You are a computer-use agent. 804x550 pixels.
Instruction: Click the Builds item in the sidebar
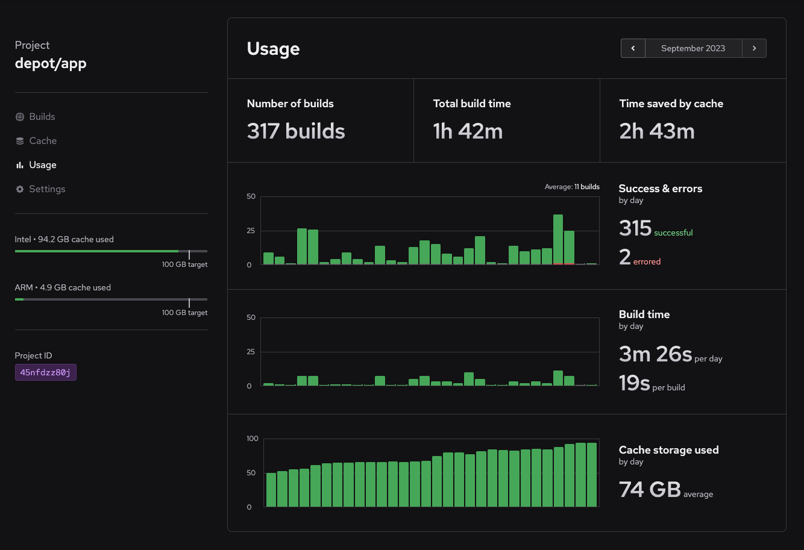click(x=42, y=117)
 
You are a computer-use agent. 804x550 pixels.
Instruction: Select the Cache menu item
click(x=43, y=141)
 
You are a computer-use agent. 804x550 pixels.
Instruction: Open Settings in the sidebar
click(x=46, y=189)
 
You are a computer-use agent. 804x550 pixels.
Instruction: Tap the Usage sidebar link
click(x=42, y=165)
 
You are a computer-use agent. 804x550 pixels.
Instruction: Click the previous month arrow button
click(x=633, y=48)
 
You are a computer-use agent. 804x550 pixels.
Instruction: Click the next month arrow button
click(x=754, y=48)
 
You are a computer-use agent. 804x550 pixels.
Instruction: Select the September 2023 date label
click(x=693, y=48)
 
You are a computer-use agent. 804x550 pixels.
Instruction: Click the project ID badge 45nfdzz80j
click(x=46, y=372)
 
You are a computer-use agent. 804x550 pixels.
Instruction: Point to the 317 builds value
click(x=296, y=131)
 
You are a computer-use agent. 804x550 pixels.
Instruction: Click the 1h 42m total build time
click(x=468, y=131)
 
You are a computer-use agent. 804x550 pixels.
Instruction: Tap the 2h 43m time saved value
click(x=657, y=131)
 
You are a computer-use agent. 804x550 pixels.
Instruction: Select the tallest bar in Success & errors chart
click(x=558, y=239)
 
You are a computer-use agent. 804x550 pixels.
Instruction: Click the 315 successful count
click(x=635, y=228)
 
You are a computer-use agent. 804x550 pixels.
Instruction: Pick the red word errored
click(x=647, y=262)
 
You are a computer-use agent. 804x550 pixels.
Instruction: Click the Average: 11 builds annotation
click(x=572, y=187)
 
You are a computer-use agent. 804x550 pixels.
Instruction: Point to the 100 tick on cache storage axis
click(x=253, y=439)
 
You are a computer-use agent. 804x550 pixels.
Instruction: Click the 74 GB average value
click(x=650, y=490)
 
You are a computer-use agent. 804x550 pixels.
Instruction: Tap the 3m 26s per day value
click(x=655, y=354)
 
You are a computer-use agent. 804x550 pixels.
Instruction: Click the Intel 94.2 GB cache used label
click(x=64, y=239)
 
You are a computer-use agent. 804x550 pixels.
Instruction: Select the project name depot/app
click(x=51, y=63)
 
